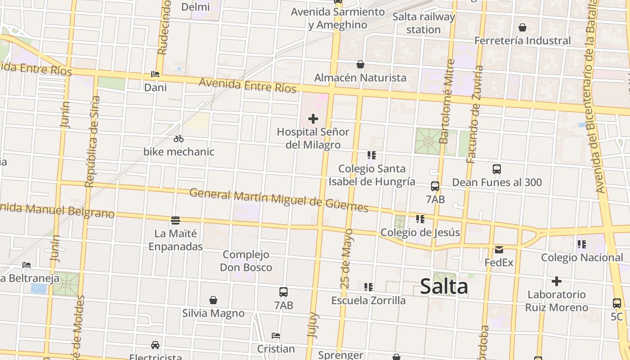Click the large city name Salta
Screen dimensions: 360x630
click(444, 287)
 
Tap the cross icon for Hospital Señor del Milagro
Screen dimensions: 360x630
click(313, 119)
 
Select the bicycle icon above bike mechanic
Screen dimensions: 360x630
click(179, 139)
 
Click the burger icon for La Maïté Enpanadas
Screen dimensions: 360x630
click(175, 220)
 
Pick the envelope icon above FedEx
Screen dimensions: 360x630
click(499, 250)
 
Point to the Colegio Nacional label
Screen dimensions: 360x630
click(582, 257)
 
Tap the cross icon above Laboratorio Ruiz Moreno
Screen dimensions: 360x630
click(557, 282)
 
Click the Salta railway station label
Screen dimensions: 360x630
click(423, 23)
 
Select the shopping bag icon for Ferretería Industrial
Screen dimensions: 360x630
click(522, 28)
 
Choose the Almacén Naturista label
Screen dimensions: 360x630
click(360, 77)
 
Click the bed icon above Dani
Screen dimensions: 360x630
click(155, 74)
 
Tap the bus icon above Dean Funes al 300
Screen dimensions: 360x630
click(497, 169)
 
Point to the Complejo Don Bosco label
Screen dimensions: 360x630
click(246, 261)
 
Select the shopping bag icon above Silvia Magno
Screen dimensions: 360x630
click(213, 300)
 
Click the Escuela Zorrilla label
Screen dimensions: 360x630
click(369, 300)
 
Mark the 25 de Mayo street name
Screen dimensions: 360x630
click(347, 258)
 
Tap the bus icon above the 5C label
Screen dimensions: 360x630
click(617, 303)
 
